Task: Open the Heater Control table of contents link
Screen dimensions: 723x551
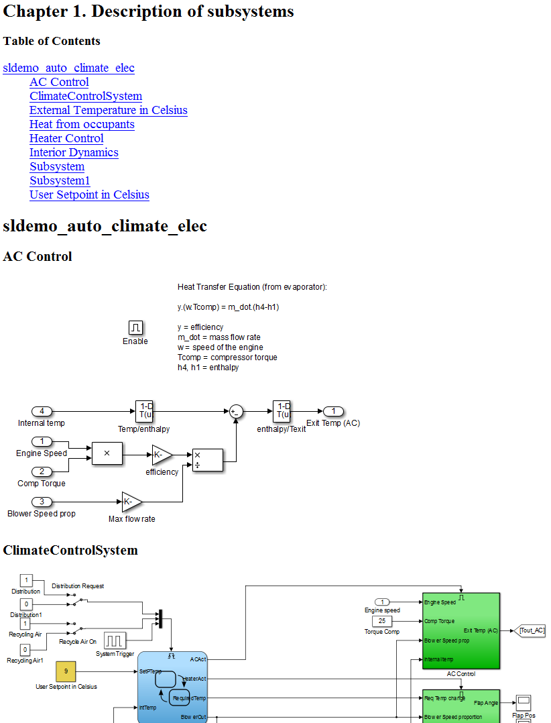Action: coord(66,139)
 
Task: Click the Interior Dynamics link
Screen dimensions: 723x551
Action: coord(74,153)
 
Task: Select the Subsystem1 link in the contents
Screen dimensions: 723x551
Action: coord(60,181)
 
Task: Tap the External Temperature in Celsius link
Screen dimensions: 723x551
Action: coord(108,111)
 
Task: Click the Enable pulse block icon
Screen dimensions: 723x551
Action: coord(135,327)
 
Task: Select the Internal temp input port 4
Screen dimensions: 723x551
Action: coord(42,411)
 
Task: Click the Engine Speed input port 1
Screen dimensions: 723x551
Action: coord(42,441)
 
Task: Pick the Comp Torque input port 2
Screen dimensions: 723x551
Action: coord(42,471)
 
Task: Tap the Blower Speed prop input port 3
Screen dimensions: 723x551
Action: coord(42,502)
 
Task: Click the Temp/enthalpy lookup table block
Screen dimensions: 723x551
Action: coord(145,410)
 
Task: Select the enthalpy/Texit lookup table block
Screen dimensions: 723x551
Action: coord(282,410)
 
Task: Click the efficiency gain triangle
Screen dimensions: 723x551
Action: coord(161,455)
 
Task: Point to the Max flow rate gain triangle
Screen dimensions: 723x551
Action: coord(131,502)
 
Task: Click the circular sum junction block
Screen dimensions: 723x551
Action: coord(236,412)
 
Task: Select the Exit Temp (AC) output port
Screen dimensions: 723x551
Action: coord(333,411)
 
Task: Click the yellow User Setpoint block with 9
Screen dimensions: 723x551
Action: coord(66,670)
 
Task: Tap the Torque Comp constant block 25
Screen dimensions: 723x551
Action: coord(381,621)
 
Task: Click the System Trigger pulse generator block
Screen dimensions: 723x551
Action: coord(115,640)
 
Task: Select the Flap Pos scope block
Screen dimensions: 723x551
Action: coord(524,702)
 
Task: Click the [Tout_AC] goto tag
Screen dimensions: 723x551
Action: coord(531,630)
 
